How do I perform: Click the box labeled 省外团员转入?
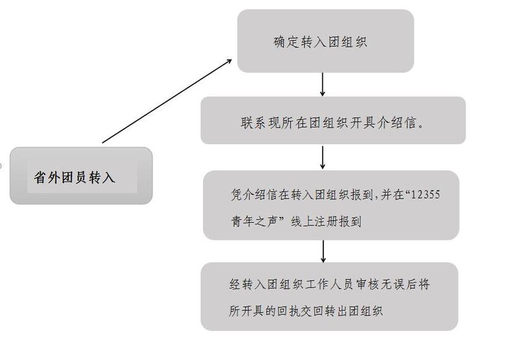(81, 176)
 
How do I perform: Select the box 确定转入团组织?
(325, 42)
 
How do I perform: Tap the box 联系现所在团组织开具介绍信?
(333, 120)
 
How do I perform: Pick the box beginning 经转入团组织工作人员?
(329, 296)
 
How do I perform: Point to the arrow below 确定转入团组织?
(323, 84)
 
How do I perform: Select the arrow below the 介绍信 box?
(323, 158)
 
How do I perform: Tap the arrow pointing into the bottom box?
(323, 251)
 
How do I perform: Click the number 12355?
(424, 195)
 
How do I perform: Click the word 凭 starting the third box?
(237, 195)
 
